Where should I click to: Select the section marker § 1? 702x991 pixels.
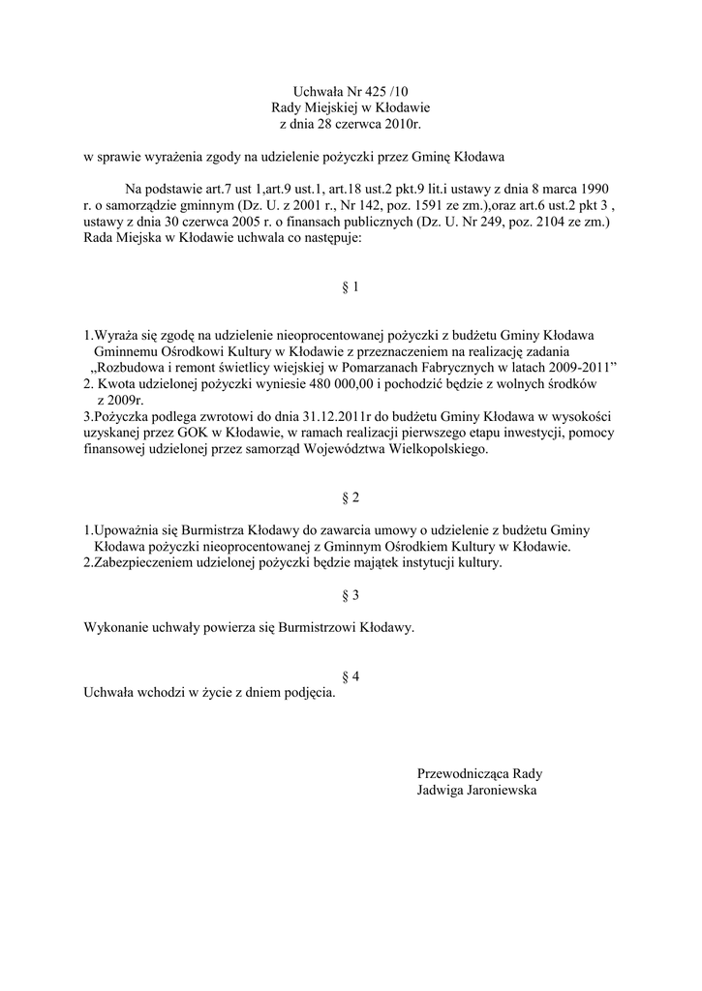[x=351, y=287]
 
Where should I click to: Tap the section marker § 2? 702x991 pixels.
[x=351, y=497]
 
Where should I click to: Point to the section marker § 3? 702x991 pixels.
[x=351, y=594]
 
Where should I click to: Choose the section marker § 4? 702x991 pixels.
[x=351, y=676]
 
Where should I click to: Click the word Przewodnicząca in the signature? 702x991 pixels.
[x=462, y=773]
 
